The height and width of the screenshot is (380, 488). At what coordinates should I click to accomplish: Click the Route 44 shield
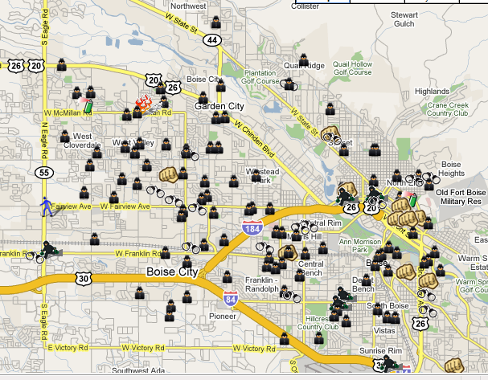[x=212, y=39]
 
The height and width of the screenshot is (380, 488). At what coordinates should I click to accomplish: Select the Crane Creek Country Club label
[x=448, y=109]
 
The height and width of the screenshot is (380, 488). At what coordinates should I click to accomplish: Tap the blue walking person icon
[x=48, y=206]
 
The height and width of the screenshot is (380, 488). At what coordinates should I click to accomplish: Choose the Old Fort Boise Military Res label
[x=461, y=198]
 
